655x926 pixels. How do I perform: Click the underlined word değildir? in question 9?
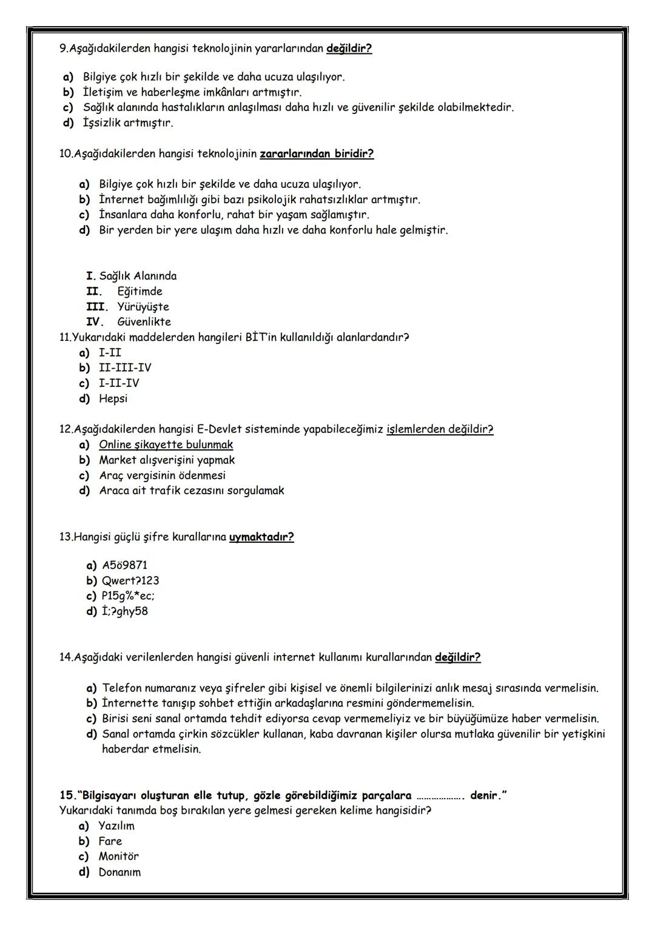[349, 49]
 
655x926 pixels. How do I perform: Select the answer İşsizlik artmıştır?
[128, 123]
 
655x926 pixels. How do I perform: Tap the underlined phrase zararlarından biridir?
[317, 153]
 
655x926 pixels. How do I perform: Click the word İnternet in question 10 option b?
[121, 200]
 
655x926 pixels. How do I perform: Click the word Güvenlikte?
[144, 322]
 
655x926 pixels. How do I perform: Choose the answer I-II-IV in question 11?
[119, 383]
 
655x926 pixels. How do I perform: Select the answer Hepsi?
[113, 398]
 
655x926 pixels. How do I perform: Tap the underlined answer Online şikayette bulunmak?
[166, 445]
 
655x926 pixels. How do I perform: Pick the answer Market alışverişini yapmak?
[167, 460]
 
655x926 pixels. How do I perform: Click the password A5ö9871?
[124, 565]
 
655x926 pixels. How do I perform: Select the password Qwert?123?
[130, 580]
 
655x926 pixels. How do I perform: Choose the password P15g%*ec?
[128, 596]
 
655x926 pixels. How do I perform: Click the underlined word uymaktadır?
[261, 537]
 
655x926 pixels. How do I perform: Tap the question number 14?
[65, 657]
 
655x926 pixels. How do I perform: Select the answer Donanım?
[119, 872]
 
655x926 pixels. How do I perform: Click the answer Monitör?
[118, 856]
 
